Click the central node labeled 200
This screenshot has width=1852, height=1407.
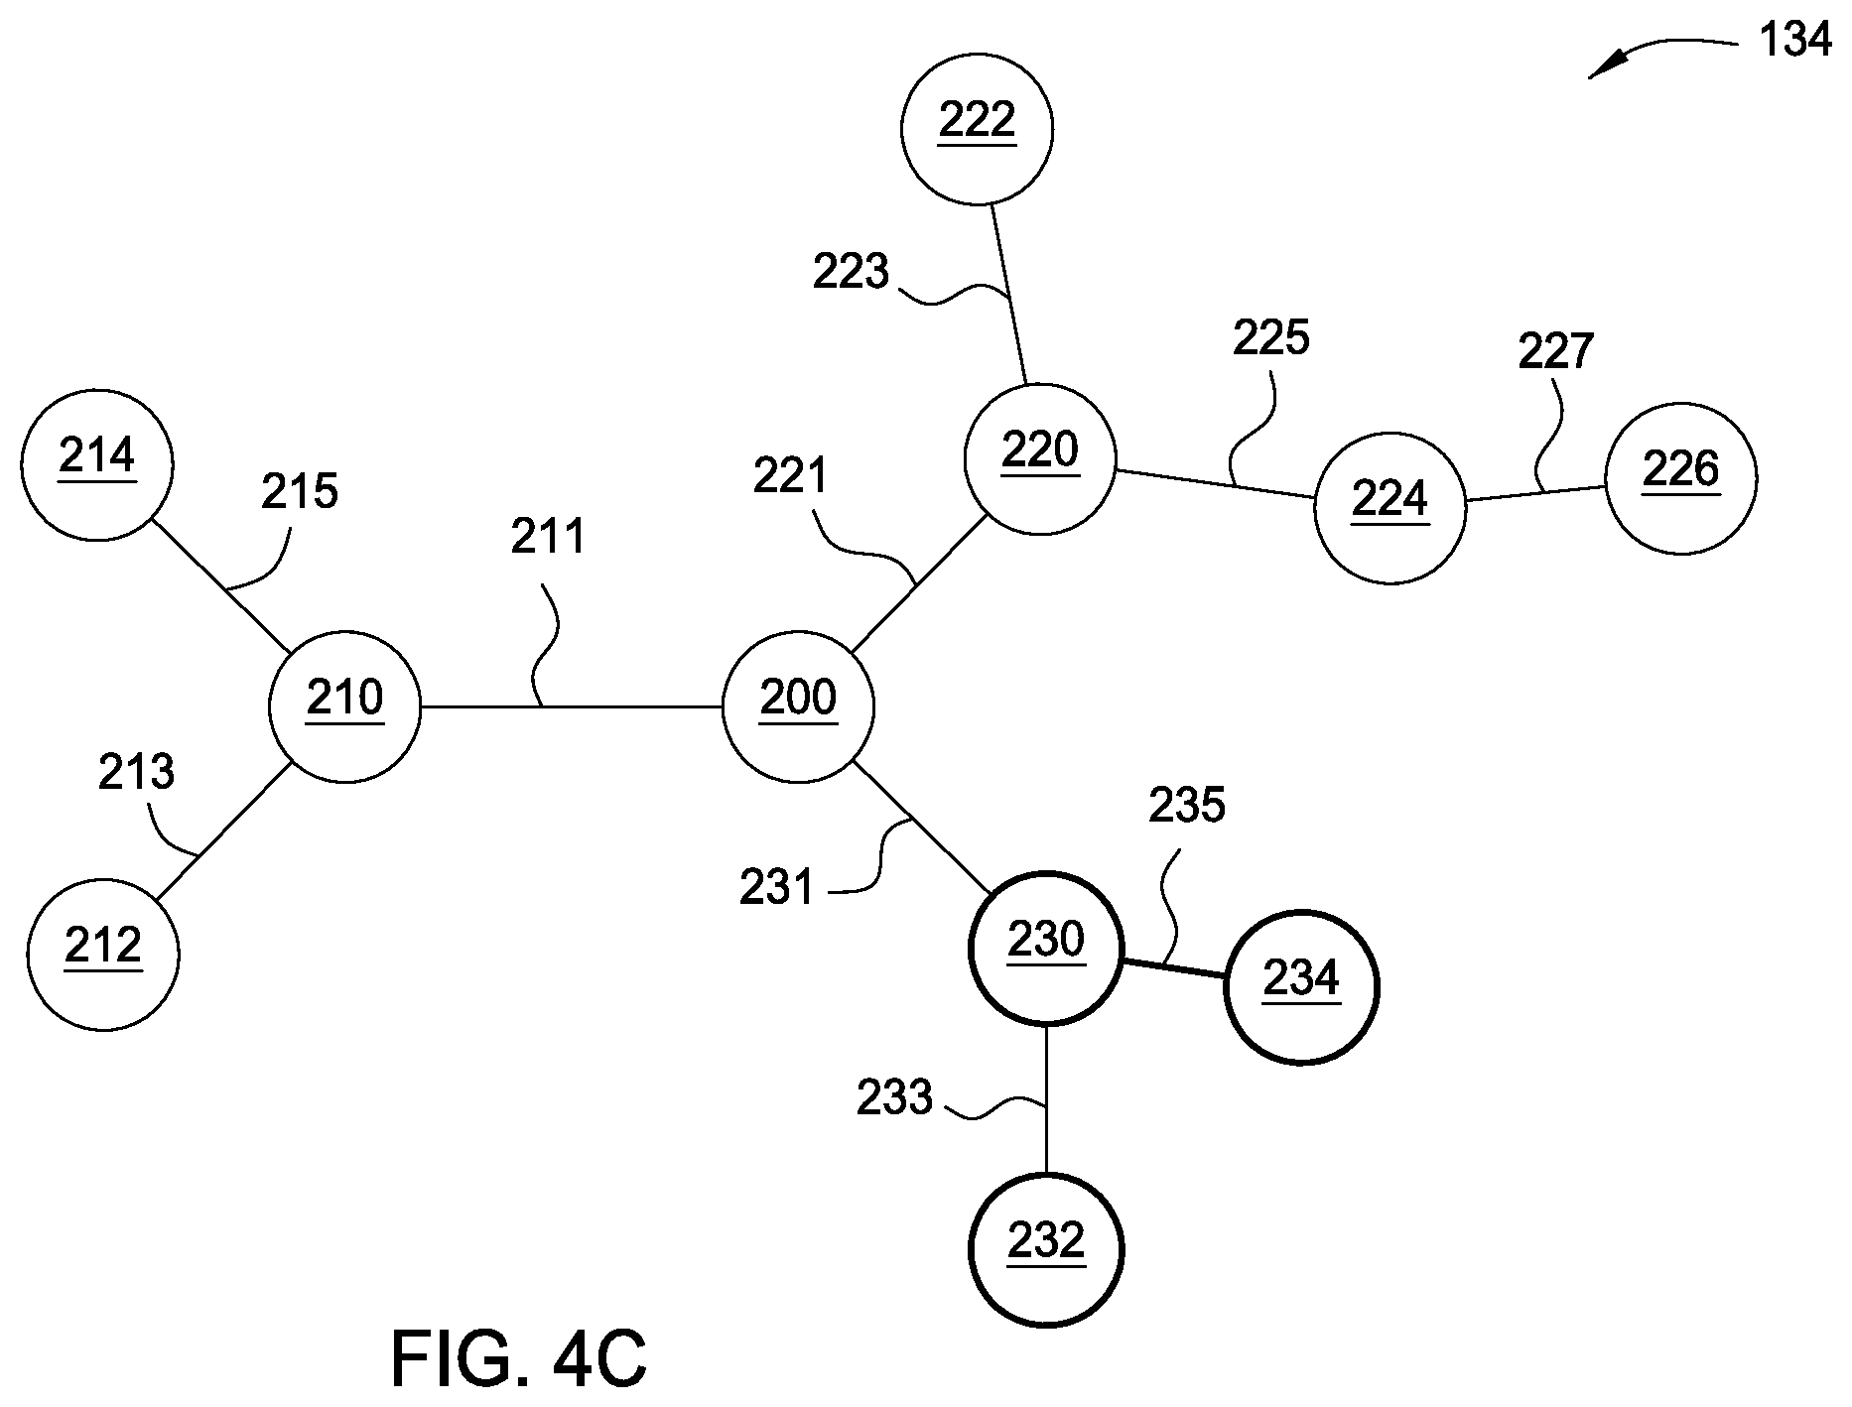[x=799, y=707]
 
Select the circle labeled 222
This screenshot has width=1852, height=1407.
[x=978, y=129]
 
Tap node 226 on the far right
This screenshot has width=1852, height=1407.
[x=1681, y=478]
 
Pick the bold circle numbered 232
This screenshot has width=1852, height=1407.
[x=1046, y=1250]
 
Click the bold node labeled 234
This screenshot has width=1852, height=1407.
[x=1301, y=987]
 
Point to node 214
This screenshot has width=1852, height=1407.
[x=97, y=464]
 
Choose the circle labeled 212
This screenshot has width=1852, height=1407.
[x=103, y=955]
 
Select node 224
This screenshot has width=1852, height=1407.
[x=1390, y=508]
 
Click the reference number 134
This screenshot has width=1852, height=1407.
[x=1794, y=41]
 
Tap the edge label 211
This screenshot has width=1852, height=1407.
[x=549, y=537]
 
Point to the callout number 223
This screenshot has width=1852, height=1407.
[x=851, y=272]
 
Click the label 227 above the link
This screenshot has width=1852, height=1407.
[x=1556, y=351]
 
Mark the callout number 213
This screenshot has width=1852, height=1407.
[x=136, y=771]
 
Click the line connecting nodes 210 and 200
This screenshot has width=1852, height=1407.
[x=572, y=707]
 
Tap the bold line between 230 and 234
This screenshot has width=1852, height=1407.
[x=1173, y=968]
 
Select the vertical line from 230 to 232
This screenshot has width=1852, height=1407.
[x=1046, y=1098]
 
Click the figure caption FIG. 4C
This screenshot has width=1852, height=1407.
[x=519, y=1359]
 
